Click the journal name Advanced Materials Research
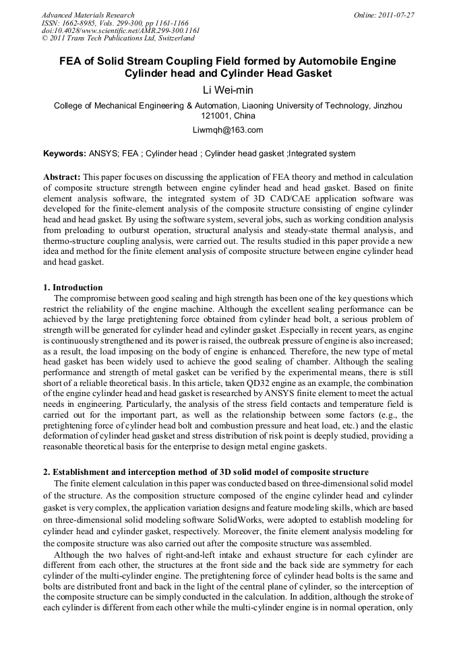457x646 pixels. pyautogui.click(x=88, y=15)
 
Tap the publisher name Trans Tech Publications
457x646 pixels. pyautogui.click(x=109, y=39)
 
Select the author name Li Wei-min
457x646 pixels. pyautogui.click(x=228, y=89)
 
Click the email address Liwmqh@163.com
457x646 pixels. pyautogui.click(x=228, y=130)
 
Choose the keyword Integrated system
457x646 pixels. pyautogui.click(x=322, y=154)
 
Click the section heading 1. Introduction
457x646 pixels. pyautogui.click(x=73, y=288)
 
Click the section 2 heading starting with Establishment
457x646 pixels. pyautogui.click(x=206, y=472)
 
